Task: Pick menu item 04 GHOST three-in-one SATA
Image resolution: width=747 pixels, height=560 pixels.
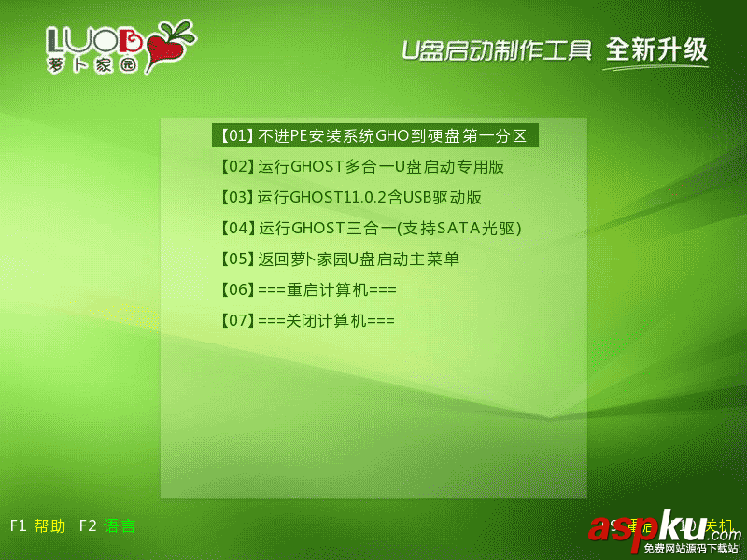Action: (369, 229)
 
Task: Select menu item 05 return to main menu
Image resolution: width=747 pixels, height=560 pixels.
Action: (338, 259)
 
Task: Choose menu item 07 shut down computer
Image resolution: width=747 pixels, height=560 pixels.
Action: (305, 321)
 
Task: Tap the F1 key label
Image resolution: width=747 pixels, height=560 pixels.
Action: (18, 526)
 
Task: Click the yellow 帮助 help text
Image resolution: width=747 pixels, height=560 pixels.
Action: (49, 526)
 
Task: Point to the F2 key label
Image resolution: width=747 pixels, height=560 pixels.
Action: (88, 526)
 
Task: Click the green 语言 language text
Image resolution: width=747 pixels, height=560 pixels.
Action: (120, 526)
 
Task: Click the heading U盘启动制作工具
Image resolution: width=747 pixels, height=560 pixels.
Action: (496, 49)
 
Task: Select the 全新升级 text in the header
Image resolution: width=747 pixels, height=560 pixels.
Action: (656, 49)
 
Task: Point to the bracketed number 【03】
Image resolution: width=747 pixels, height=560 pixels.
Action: (234, 198)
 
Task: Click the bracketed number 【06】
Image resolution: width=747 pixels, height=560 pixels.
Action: (234, 290)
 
